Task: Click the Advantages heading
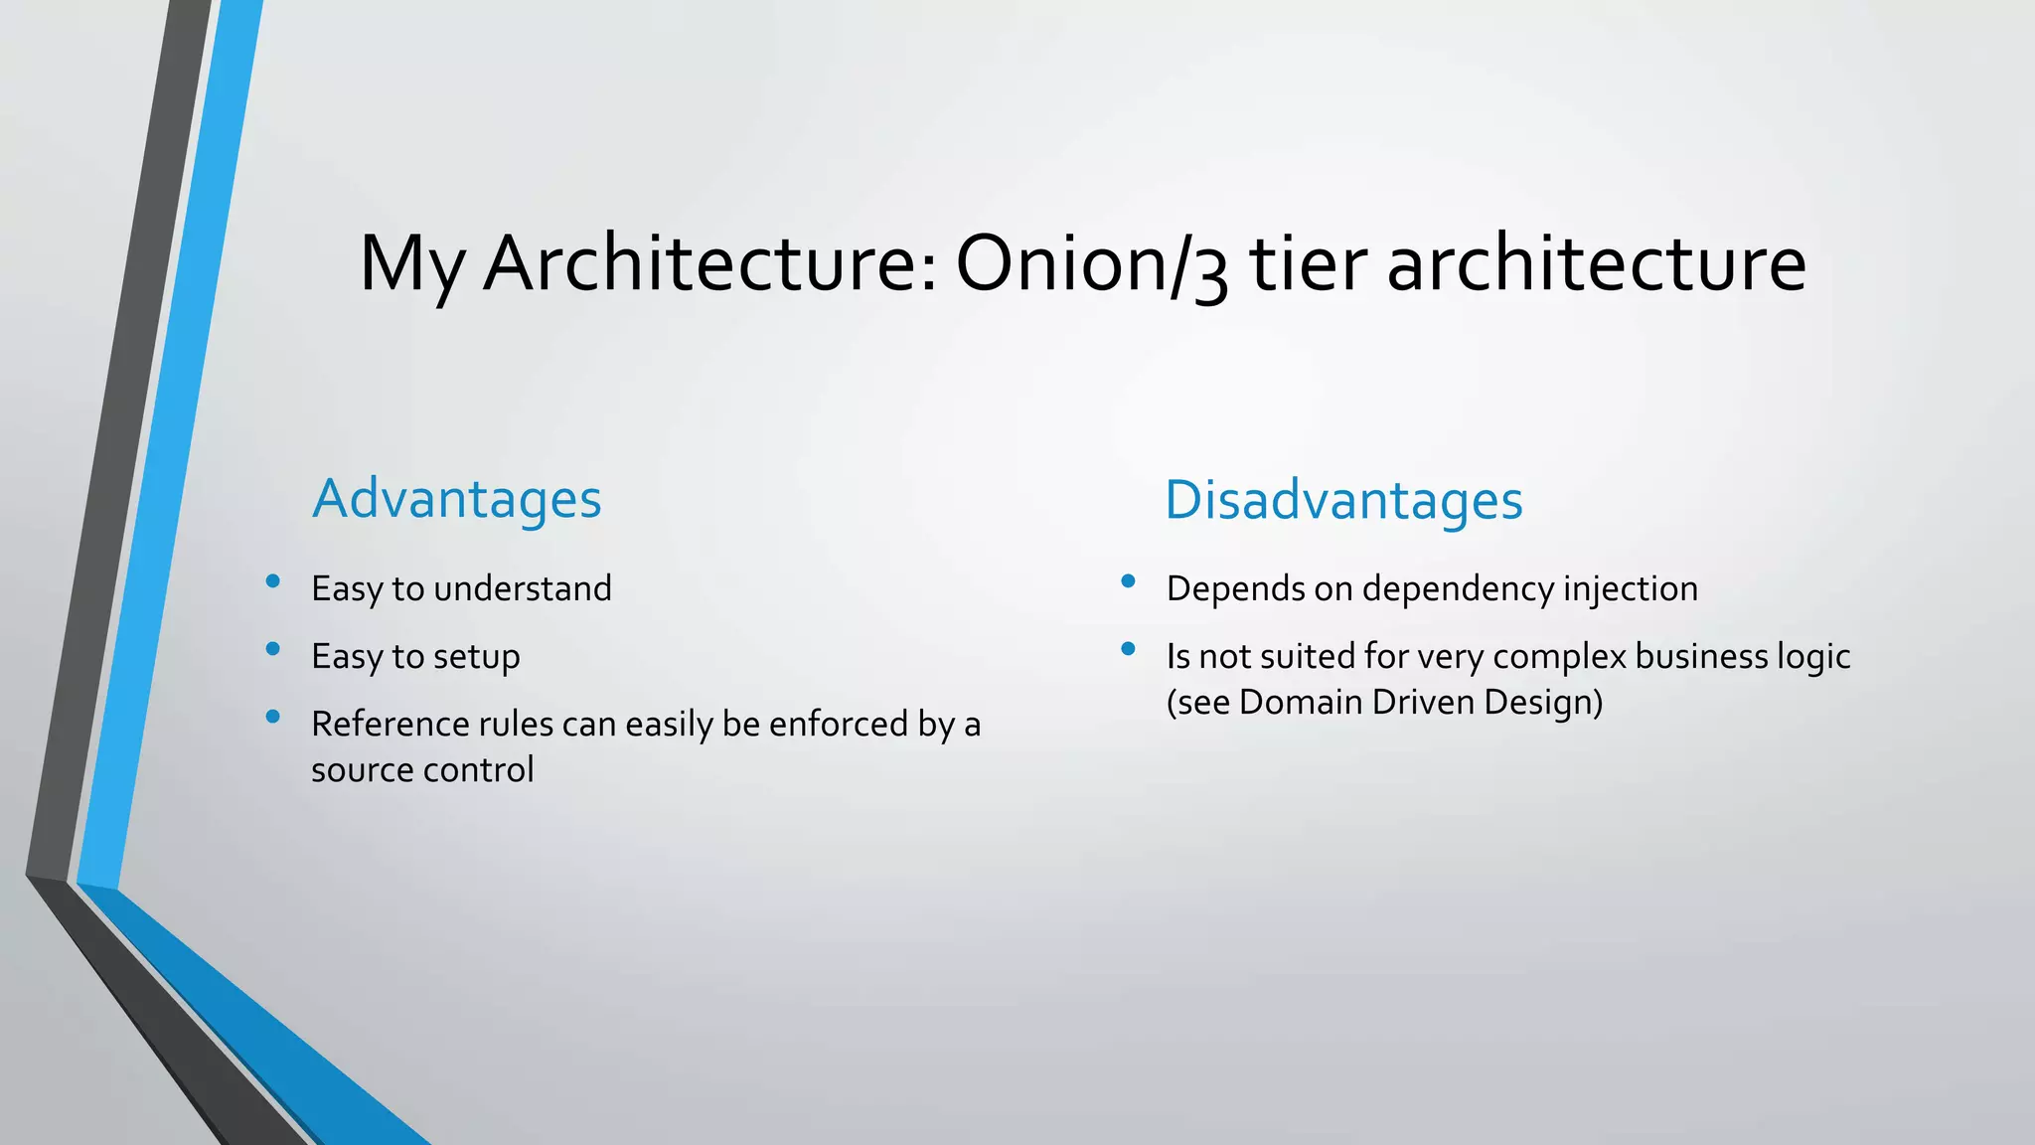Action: (x=456, y=498)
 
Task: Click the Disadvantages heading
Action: (x=1343, y=499)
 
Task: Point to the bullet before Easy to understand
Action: (x=273, y=581)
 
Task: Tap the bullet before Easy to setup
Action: (x=273, y=649)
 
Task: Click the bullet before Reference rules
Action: (x=273, y=717)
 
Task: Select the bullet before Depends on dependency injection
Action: (x=1128, y=581)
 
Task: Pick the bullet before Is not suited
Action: (x=1128, y=649)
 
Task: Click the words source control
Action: (x=422, y=769)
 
